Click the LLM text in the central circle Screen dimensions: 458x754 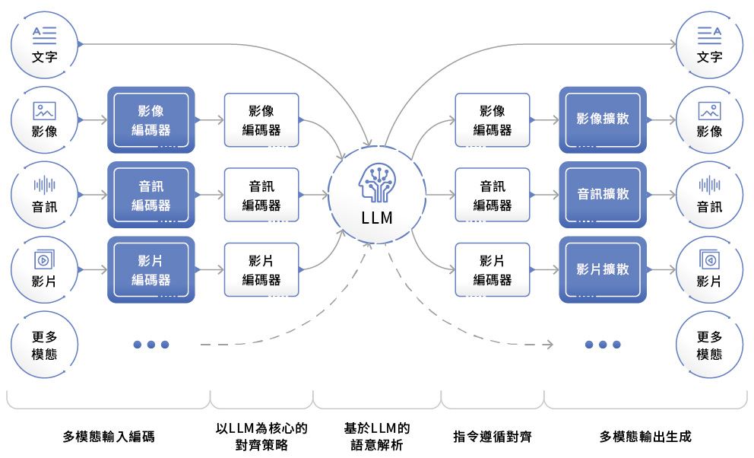(x=377, y=218)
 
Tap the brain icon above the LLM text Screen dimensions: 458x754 (x=377, y=183)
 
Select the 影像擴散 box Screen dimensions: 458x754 (x=603, y=119)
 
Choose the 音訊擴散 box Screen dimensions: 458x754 (x=603, y=195)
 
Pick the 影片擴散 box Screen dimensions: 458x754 (x=603, y=269)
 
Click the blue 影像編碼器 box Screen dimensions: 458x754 (x=151, y=119)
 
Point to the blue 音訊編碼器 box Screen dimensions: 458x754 (x=151, y=195)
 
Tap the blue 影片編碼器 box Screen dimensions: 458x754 (x=151, y=269)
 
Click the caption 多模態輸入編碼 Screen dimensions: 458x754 (x=109, y=437)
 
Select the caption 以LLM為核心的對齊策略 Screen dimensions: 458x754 (x=261, y=437)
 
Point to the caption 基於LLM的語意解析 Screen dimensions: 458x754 (x=377, y=437)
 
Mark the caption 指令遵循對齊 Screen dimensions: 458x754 (x=493, y=437)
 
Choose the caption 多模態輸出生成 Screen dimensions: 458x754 (x=645, y=437)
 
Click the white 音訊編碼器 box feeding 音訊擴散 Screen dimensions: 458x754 (x=493, y=195)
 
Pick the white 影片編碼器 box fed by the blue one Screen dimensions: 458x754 (x=261, y=269)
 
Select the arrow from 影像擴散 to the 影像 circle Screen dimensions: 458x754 (x=661, y=120)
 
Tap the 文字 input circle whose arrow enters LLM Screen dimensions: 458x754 (x=44, y=44)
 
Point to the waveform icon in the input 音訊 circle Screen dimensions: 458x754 (x=44, y=185)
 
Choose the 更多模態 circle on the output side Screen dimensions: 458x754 (x=709, y=345)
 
